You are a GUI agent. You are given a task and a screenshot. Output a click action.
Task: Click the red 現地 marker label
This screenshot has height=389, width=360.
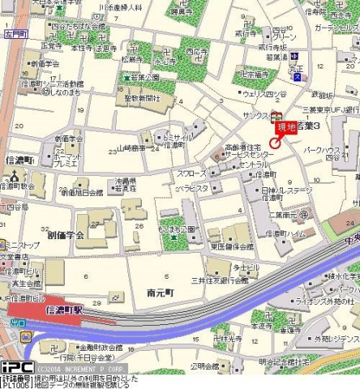pyautogui.click(x=286, y=126)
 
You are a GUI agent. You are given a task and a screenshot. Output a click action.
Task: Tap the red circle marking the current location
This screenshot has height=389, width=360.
pyautogui.click(x=275, y=143)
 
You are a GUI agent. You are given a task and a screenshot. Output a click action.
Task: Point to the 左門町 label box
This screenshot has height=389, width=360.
pyautogui.click(x=13, y=35)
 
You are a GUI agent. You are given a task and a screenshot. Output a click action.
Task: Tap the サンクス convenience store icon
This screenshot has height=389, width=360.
pyautogui.click(x=276, y=117)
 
